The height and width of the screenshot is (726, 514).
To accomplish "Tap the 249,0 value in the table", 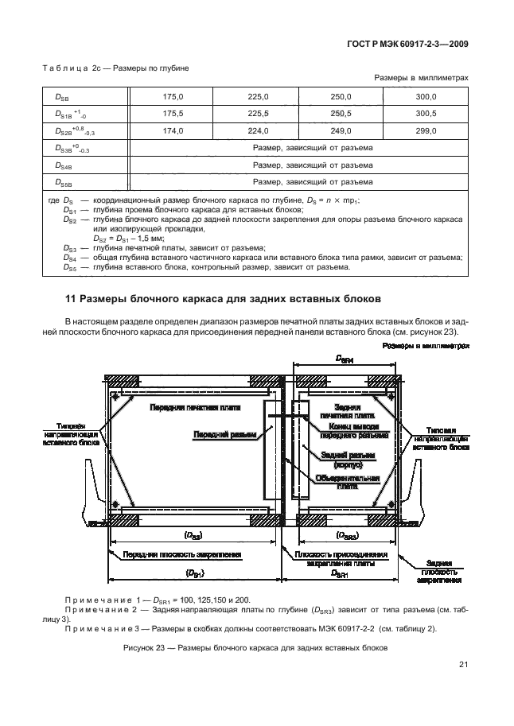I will coord(341,130).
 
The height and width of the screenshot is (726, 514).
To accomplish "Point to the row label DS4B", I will coord(64,165).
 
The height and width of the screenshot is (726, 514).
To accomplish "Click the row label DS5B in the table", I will coord(64,182).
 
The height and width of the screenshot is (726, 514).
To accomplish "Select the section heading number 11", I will coord(70,300).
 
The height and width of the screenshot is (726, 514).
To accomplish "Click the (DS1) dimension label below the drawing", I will coord(192,573).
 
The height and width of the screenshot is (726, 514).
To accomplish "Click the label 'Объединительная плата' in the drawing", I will coord(341,483).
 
